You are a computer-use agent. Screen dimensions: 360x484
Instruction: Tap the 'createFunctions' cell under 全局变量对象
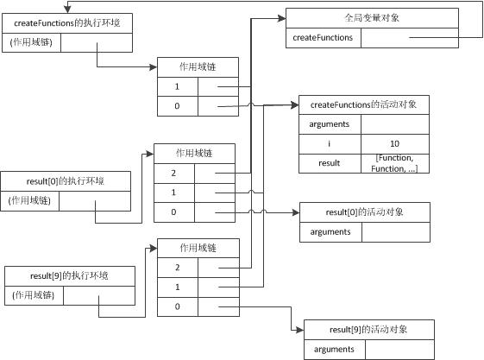coord(323,38)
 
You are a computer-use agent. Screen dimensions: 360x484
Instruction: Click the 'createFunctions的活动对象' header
coord(363,104)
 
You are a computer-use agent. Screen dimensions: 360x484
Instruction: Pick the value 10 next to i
coord(394,143)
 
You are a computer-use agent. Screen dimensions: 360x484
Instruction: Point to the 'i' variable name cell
coord(330,143)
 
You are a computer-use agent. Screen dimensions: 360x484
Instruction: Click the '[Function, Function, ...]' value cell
coord(394,162)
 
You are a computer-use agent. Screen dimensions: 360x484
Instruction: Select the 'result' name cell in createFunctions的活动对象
coord(330,162)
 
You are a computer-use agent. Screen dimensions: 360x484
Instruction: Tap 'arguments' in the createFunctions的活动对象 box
coord(330,124)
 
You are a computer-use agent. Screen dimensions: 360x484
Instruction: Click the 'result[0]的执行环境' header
coord(67,180)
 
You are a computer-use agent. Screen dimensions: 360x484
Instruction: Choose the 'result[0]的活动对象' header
coord(363,212)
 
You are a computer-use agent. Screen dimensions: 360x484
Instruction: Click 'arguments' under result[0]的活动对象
coord(330,231)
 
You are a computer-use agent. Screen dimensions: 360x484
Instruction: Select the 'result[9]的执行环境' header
coord(70,276)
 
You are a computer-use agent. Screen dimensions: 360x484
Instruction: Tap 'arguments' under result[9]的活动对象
coord(334,349)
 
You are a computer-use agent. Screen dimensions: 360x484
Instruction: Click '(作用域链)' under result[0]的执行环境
coord(31,200)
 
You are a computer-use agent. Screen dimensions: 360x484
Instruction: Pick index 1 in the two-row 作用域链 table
coord(177,87)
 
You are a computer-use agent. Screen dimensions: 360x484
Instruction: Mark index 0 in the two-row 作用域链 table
coord(177,107)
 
